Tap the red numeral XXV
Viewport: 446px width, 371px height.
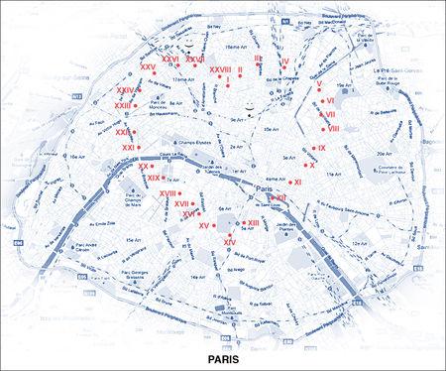click(x=149, y=66)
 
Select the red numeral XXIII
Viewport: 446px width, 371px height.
click(x=124, y=104)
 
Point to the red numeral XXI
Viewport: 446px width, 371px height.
click(x=128, y=148)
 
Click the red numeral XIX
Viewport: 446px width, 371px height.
click(x=154, y=178)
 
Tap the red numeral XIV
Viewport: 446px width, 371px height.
click(x=229, y=242)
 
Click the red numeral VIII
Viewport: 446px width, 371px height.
click(x=334, y=129)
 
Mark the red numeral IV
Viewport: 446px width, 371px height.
click(x=284, y=62)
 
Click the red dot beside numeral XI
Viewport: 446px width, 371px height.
click(x=289, y=183)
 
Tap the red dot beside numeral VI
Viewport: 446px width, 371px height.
click(x=322, y=100)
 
